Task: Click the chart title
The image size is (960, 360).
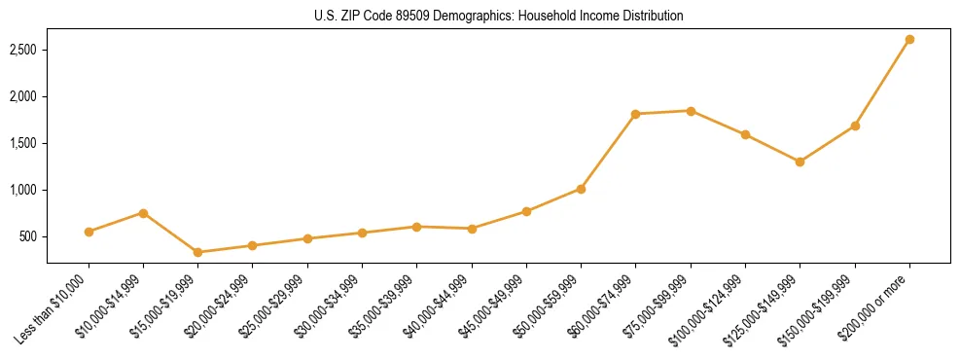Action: [498, 17]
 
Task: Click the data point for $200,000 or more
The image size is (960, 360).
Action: [909, 40]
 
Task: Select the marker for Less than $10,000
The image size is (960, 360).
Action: [89, 232]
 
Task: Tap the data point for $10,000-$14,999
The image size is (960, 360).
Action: [143, 213]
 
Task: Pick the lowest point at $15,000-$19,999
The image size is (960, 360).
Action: [198, 252]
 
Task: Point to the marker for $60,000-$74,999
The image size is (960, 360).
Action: [635, 114]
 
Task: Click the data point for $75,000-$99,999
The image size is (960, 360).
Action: [691, 111]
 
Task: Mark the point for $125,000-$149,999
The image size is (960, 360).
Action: [800, 162]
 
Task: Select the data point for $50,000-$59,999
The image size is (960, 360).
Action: [581, 189]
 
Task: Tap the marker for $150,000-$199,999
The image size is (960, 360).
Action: [855, 126]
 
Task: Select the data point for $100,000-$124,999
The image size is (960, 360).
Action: [745, 134]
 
